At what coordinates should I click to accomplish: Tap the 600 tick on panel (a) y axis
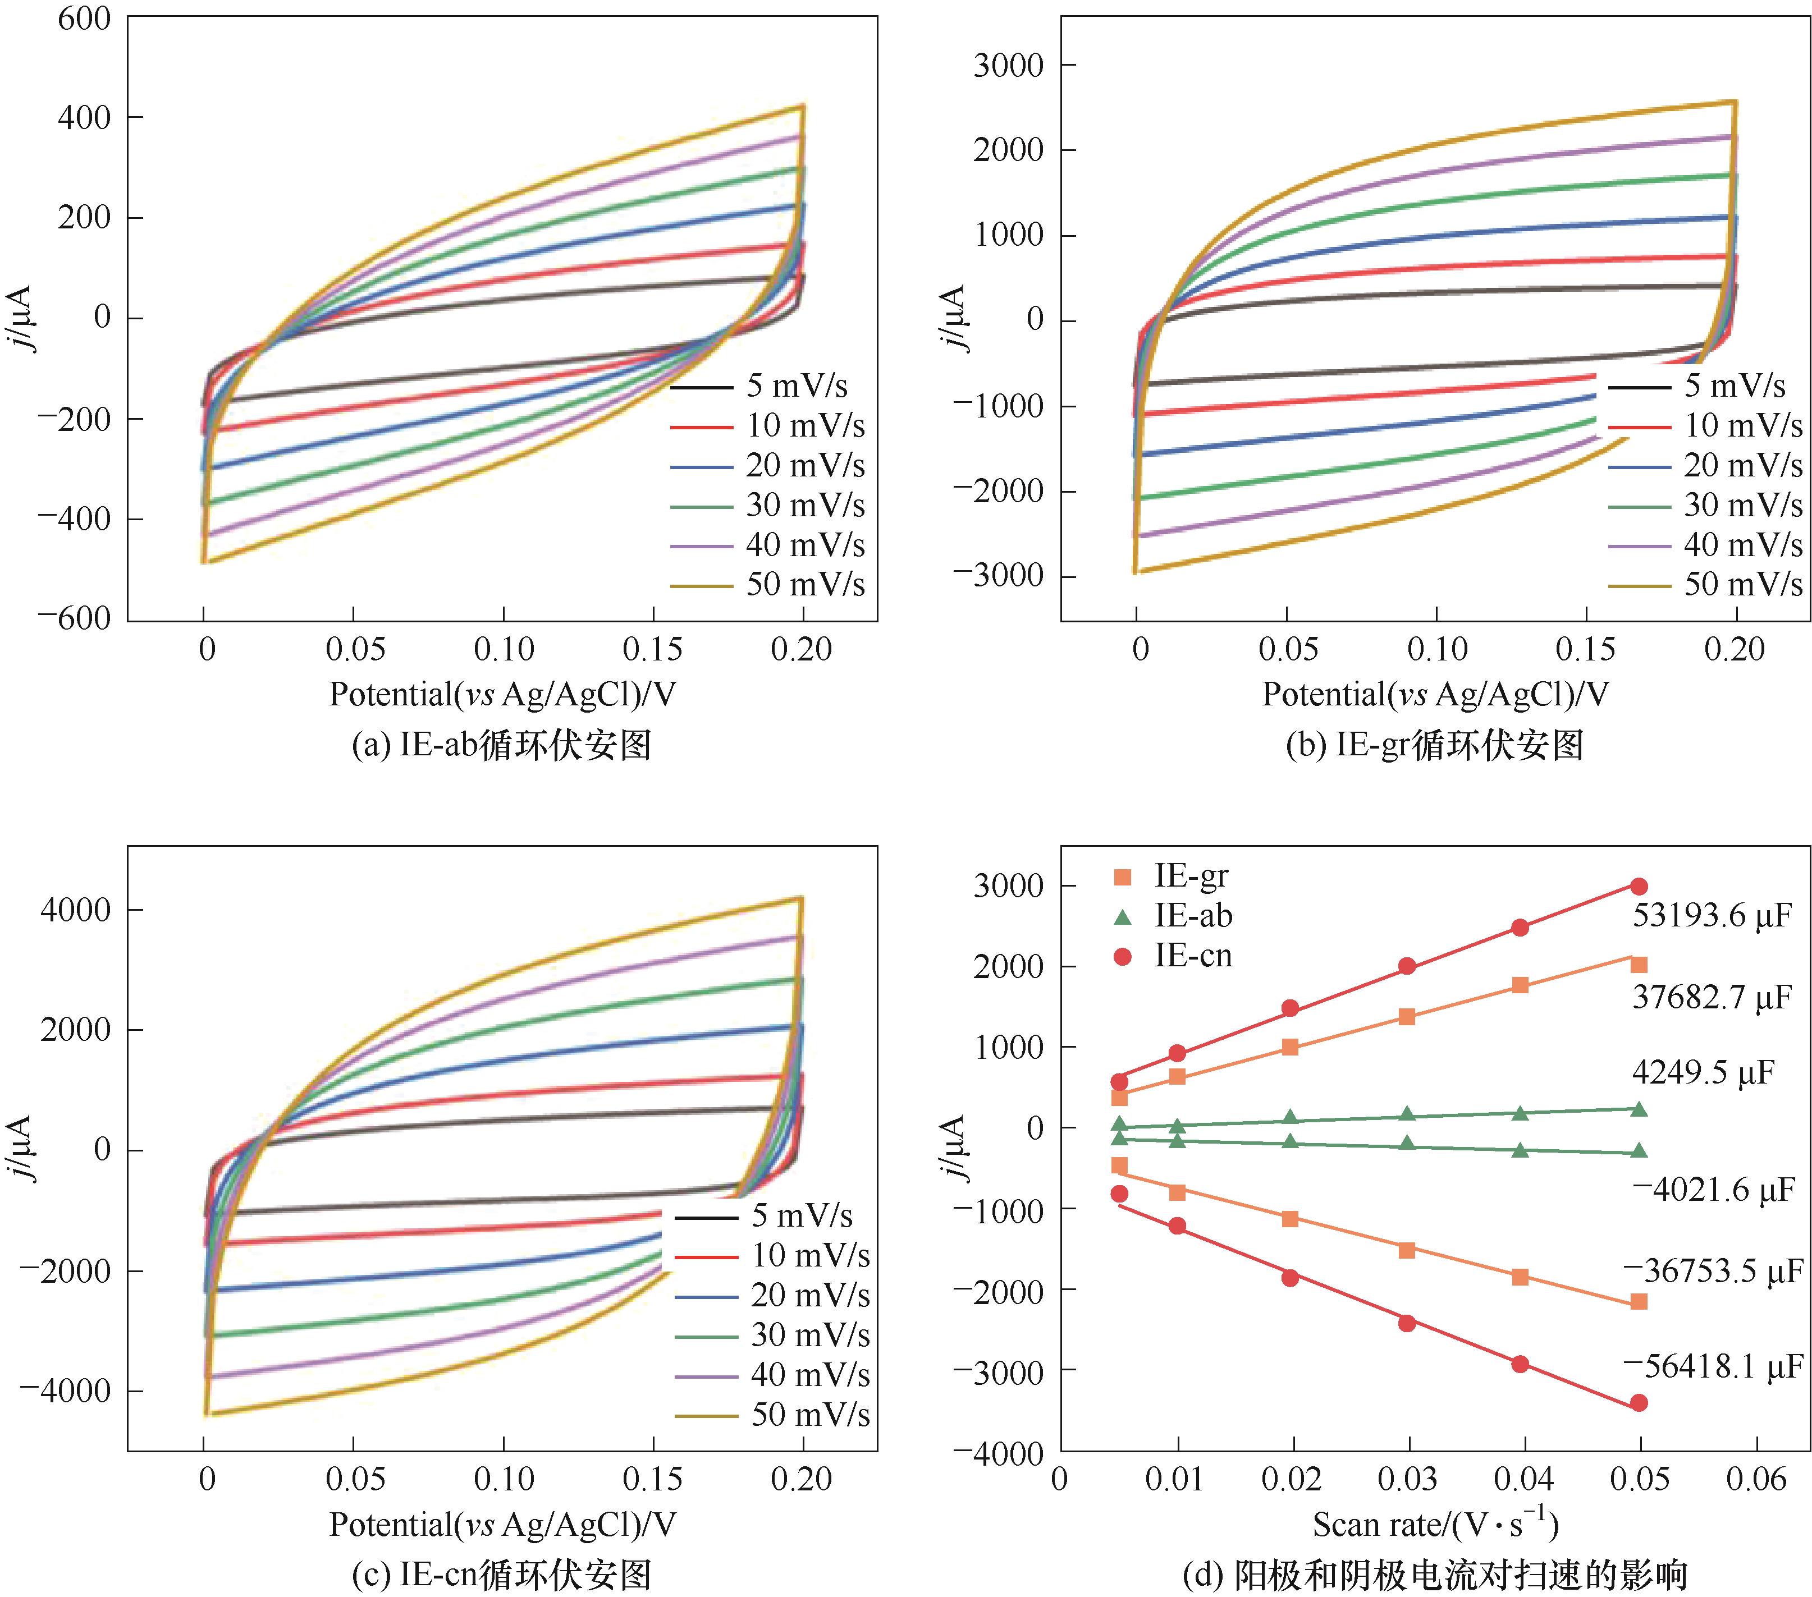click(84, 19)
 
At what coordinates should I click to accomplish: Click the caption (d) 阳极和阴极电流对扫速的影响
click(1435, 1575)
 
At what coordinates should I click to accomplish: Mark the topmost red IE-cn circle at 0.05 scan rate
click(1639, 886)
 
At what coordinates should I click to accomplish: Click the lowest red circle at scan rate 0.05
click(1639, 1403)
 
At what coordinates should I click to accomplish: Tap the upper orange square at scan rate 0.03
click(1407, 1017)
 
